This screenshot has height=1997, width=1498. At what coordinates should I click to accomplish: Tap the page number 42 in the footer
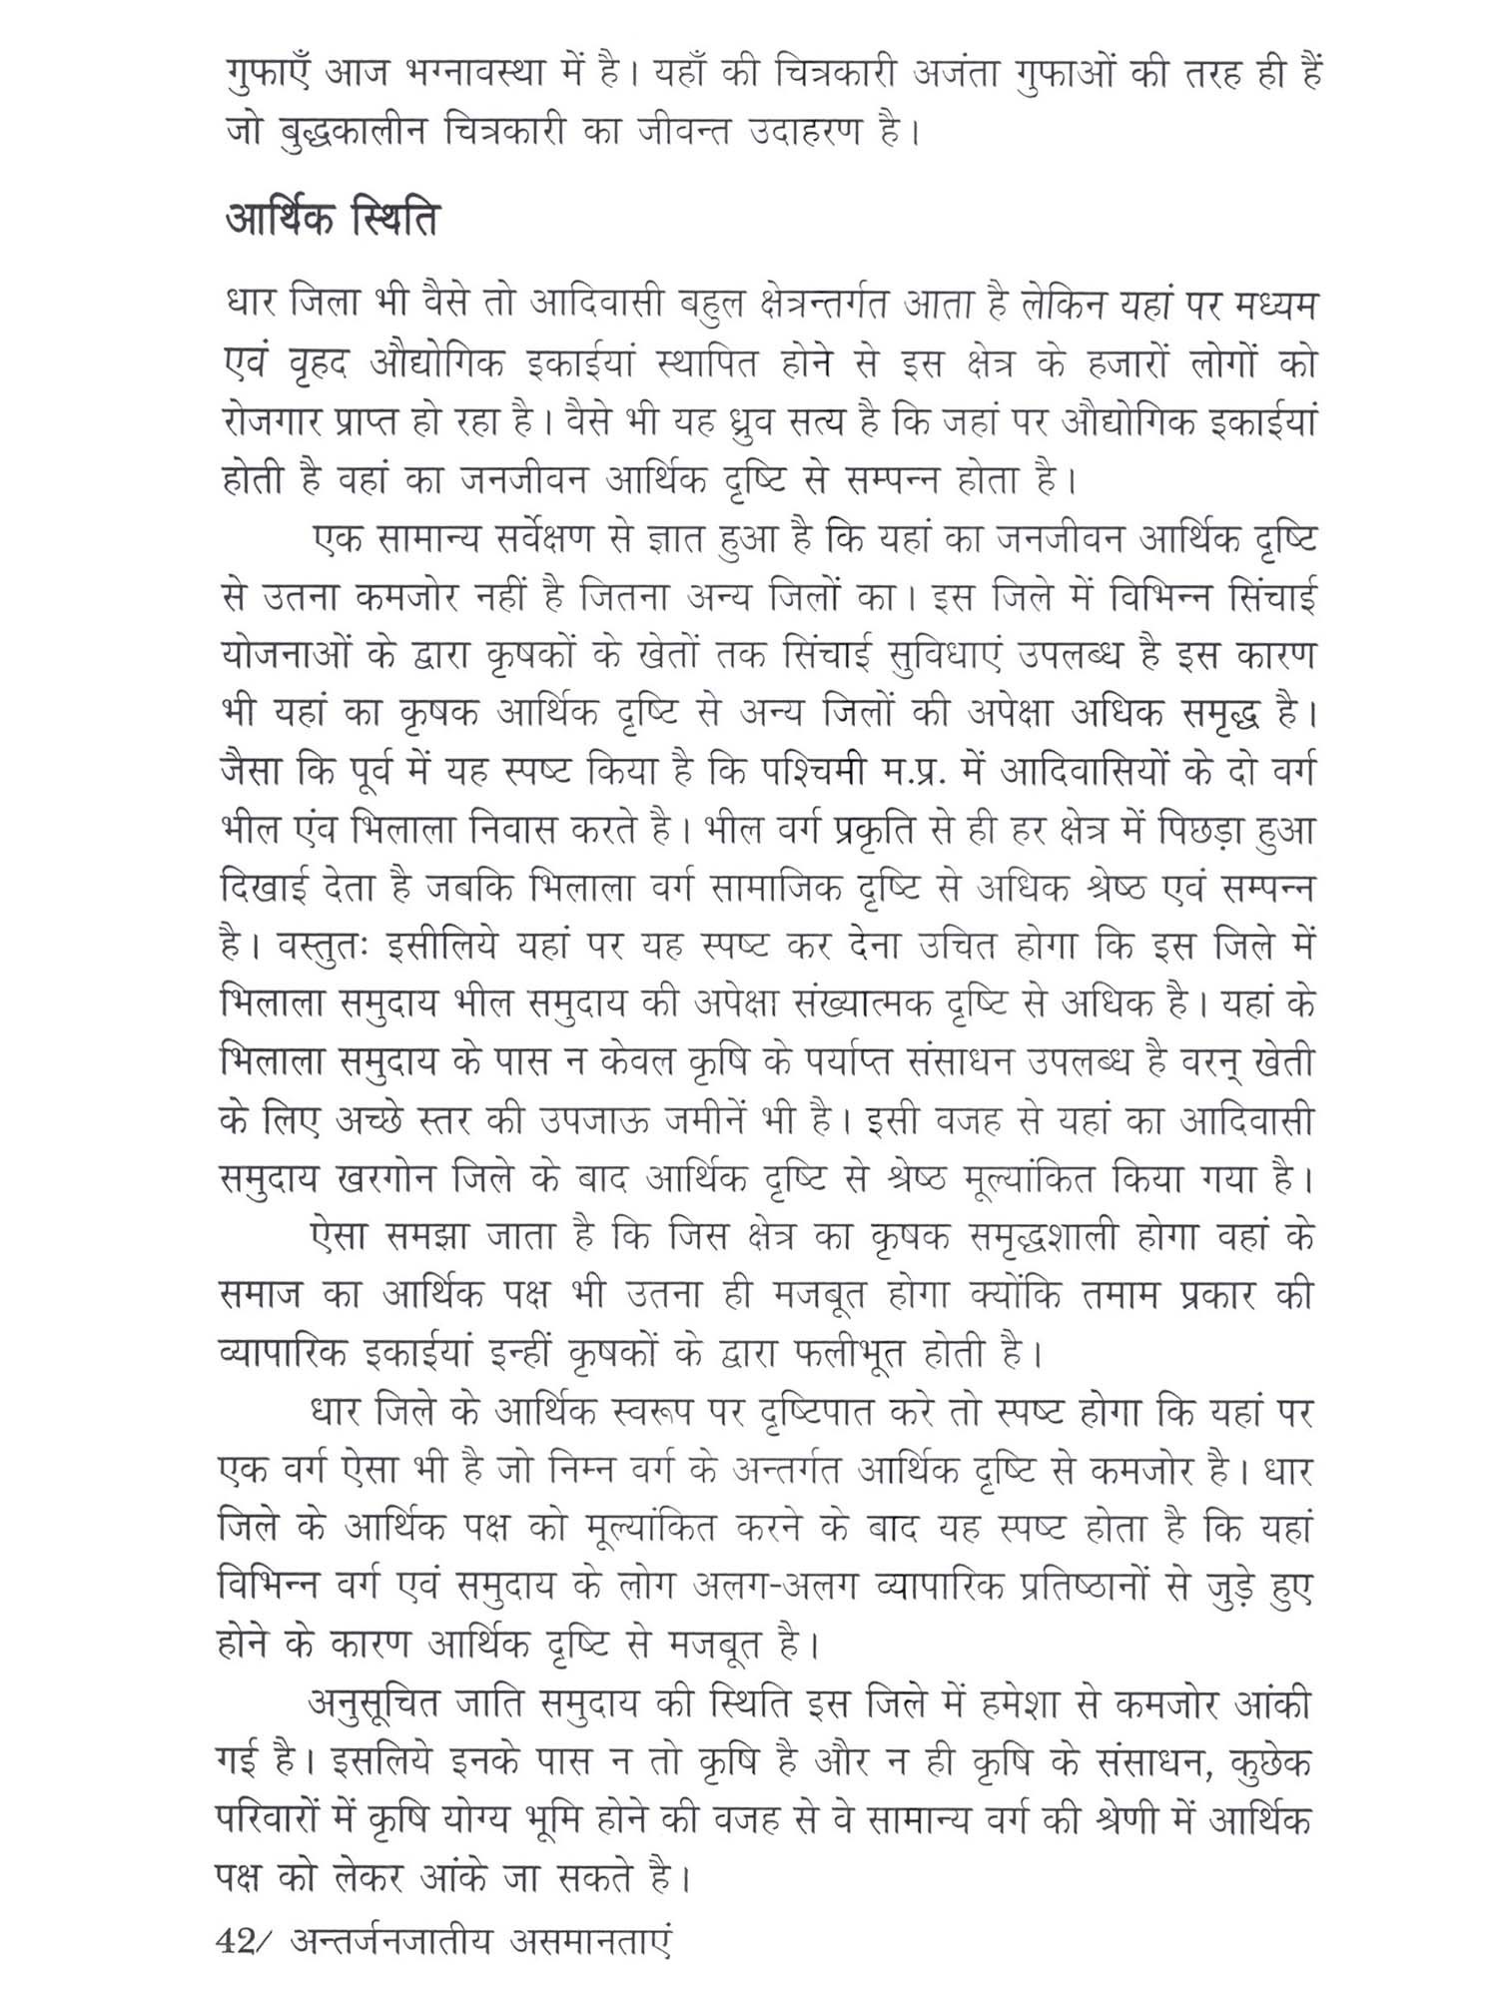(237, 1942)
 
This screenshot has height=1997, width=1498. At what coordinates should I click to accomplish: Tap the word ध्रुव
(747, 423)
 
